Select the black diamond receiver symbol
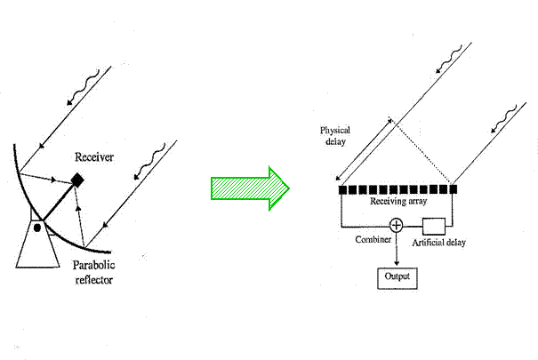click(x=77, y=180)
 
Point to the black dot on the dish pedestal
click(x=37, y=228)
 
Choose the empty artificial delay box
click(x=433, y=225)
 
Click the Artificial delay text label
click(x=439, y=242)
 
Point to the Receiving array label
click(x=397, y=202)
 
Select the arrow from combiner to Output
click(x=397, y=249)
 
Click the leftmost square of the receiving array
click(x=343, y=189)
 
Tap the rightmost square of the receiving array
click(x=453, y=189)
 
